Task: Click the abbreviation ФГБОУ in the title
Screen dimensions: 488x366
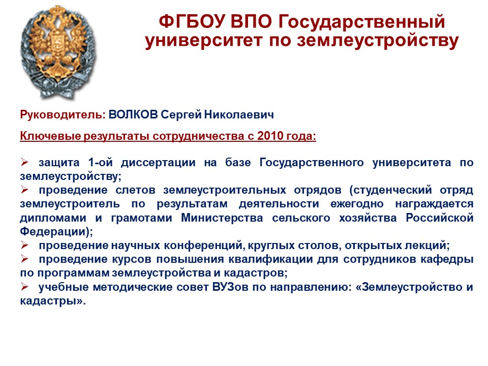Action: [x=192, y=22]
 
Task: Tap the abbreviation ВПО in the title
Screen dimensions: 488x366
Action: [x=251, y=22]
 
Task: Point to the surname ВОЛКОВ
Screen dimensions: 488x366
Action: [x=133, y=114]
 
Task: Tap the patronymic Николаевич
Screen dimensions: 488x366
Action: [x=239, y=114]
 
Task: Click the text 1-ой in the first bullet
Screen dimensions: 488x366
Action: [x=100, y=163]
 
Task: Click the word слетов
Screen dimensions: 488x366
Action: [x=135, y=190]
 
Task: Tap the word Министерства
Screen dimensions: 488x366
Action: [x=222, y=218]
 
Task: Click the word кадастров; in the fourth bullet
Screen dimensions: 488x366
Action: [x=256, y=273]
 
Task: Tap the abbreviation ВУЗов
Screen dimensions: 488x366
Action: [x=230, y=287]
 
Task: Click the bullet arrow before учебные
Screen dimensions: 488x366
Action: [x=24, y=286]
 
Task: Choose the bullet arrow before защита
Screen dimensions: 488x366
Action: [x=24, y=162]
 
